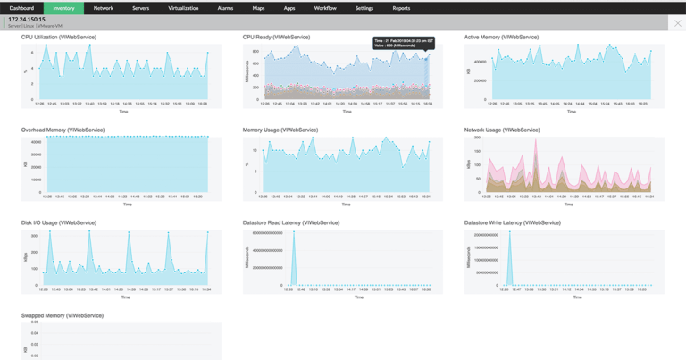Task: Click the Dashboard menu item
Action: (21, 8)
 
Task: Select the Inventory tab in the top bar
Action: (63, 8)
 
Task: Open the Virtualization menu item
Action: (183, 8)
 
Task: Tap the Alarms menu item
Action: (225, 8)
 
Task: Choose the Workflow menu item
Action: (325, 8)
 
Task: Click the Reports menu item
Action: (401, 8)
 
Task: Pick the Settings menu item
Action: (364, 8)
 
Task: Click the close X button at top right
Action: (676, 23)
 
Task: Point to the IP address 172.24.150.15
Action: (27, 20)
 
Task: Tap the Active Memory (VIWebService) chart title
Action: (501, 38)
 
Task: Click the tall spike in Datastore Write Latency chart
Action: (510, 259)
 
